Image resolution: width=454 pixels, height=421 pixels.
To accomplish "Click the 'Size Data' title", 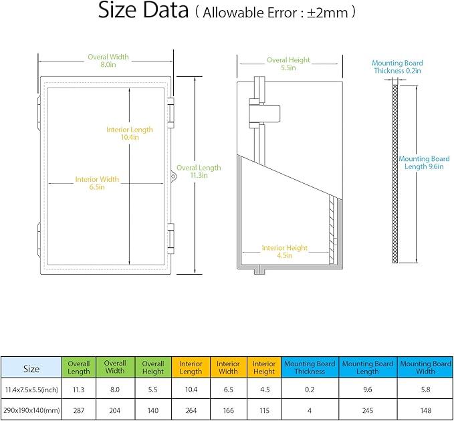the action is click(143, 11).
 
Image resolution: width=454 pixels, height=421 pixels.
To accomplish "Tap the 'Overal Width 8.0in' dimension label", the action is click(108, 61).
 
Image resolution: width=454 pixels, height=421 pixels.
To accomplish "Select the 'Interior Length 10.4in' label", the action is click(130, 134).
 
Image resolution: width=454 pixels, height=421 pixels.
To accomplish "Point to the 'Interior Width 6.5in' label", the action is click(97, 183).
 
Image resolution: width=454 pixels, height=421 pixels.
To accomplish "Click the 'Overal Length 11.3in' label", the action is click(199, 172).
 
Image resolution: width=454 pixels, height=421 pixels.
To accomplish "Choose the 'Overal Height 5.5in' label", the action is click(288, 63).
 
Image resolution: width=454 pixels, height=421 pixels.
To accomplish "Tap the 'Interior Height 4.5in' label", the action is click(285, 251).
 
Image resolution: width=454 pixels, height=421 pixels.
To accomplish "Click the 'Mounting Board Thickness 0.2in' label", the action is click(397, 67).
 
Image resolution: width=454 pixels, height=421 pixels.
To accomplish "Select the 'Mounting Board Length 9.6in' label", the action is click(424, 162).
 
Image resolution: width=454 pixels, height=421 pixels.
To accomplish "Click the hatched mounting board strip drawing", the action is click(395, 174).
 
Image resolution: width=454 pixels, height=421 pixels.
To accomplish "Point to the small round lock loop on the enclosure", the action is click(173, 176).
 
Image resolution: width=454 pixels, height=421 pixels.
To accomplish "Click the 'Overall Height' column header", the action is click(153, 368).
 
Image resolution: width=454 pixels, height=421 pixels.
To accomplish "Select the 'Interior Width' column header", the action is click(228, 368).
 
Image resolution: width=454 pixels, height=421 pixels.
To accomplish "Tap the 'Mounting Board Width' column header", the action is click(425, 368).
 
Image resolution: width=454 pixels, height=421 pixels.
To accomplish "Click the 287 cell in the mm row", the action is click(79, 410).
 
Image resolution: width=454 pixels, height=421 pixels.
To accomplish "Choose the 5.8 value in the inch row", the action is click(425, 390).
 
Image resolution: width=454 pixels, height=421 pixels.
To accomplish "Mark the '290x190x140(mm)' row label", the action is click(31, 410).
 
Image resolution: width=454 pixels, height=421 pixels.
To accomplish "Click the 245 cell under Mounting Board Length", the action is click(368, 410).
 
